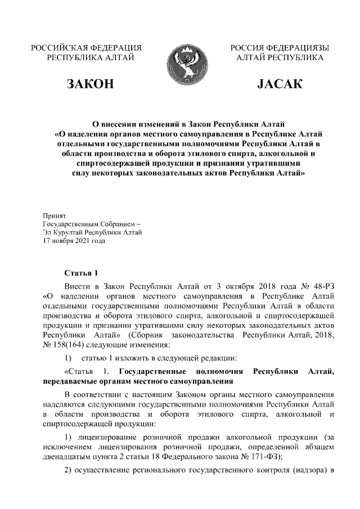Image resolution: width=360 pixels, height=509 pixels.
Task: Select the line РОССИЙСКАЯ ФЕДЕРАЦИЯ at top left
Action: click(86, 48)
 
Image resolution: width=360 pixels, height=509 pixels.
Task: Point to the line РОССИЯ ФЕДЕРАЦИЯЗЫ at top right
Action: click(280, 48)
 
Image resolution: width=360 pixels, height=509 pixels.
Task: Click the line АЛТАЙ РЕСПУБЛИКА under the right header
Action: click(280, 58)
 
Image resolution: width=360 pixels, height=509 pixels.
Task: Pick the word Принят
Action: click(55, 215)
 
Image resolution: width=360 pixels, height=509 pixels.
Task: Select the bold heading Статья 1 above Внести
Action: click(82, 273)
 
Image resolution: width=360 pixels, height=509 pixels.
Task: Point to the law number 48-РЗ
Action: click(321, 285)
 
